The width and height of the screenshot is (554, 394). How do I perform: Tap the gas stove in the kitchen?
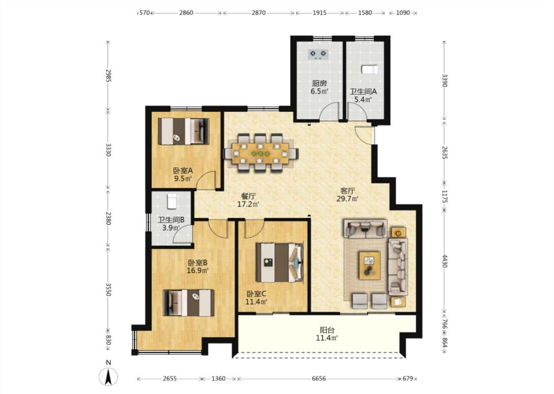click(x=318, y=54)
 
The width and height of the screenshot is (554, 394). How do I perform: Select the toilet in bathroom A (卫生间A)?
click(x=369, y=69)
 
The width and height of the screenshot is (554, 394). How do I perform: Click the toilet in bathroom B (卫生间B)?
click(x=171, y=201)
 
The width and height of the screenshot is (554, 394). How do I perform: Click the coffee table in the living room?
click(x=369, y=265)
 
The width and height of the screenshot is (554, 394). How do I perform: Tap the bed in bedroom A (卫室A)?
click(x=183, y=131)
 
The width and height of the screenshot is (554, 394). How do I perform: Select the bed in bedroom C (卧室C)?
click(x=280, y=262)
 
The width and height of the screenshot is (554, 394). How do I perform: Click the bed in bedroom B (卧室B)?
click(x=189, y=303)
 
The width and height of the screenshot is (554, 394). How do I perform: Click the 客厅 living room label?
click(x=348, y=191)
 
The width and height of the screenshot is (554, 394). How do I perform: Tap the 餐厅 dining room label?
click(x=248, y=196)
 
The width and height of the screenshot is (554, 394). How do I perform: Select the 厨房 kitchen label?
click(x=319, y=83)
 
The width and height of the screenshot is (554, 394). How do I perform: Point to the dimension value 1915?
click(x=320, y=13)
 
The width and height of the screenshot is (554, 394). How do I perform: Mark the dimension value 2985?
click(x=108, y=75)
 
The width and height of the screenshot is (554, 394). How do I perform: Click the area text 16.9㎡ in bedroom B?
click(x=197, y=271)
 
